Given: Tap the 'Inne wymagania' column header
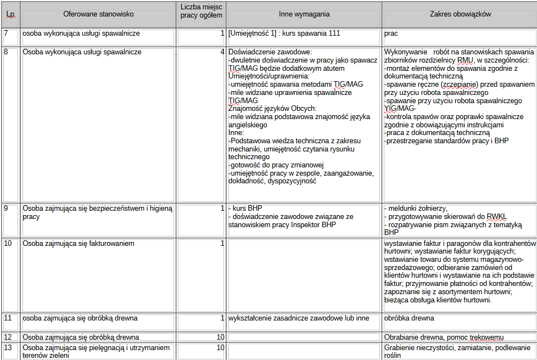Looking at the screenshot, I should pyautogui.click(x=304, y=14).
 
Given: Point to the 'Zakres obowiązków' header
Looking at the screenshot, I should pyautogui.click(x=460, y=14).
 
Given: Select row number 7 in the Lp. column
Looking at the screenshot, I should pyautogui.click(x=7, y=33).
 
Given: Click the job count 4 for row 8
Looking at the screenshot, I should pyautogui.click(x=222, y=52).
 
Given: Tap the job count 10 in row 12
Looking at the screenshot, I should pyautogui.click(x=220, y=337).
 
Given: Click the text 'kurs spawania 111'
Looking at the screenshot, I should pyautogui.click(x=311, y=33).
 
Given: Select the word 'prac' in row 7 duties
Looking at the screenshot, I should pyautogui.click(x=391, y=33).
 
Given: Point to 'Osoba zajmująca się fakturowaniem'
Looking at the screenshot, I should pyautogui.click(x=79, y=243).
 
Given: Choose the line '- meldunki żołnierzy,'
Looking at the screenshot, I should pyautogui.click(x=417, y=209).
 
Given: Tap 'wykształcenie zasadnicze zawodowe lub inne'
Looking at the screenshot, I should pyautogui.click(x=299, y=318).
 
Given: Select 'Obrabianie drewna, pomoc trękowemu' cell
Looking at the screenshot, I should pyautogui.click(x=444, y=337).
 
